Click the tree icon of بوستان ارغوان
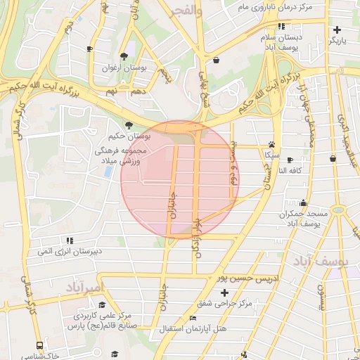(x=124, y=56)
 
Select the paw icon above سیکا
(x=271, y=143)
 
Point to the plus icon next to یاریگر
(x=337, y=30)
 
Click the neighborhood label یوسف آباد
(x=322, y=262)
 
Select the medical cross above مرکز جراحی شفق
(x=224, y=292)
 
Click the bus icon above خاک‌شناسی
(x=39, y=345)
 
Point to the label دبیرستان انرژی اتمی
(x=70, y=251)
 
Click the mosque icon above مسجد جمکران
(x=303, y=202)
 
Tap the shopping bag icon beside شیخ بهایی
(x=215, y=60)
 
